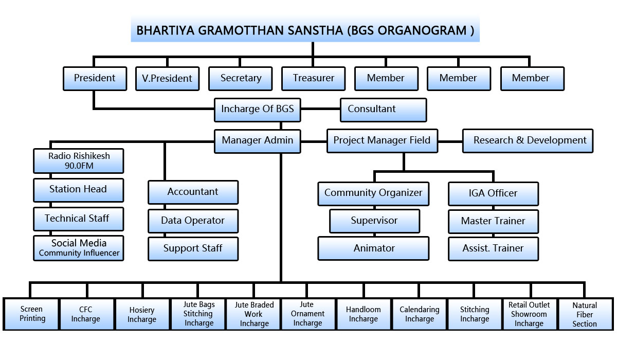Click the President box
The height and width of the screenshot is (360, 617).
(95, 79)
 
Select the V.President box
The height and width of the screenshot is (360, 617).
(167, 79)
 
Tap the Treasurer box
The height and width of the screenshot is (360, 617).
(313, 79)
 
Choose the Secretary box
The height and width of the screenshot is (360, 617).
(241, 79)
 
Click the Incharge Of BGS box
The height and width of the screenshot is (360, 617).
(258, 110)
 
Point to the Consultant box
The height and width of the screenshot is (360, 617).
(383, 110)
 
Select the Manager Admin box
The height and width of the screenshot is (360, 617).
(258, 140)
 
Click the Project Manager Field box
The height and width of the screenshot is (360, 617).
(382, 140)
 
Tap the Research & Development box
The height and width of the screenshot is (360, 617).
(528, 140)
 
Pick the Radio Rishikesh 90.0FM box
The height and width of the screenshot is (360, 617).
(79, 160)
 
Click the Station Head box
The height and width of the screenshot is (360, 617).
(79, 189)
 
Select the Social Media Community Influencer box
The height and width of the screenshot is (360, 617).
(79, 247)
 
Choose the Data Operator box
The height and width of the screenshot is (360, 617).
(193, 221)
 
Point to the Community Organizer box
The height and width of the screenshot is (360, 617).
(373, 193)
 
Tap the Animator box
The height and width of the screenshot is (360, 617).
(373, 248)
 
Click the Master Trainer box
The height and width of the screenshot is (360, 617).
(493, 221)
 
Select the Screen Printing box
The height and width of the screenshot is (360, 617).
(31, 314)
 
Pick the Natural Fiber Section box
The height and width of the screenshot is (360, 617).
(585, 314)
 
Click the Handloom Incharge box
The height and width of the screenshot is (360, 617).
(364, 314)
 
